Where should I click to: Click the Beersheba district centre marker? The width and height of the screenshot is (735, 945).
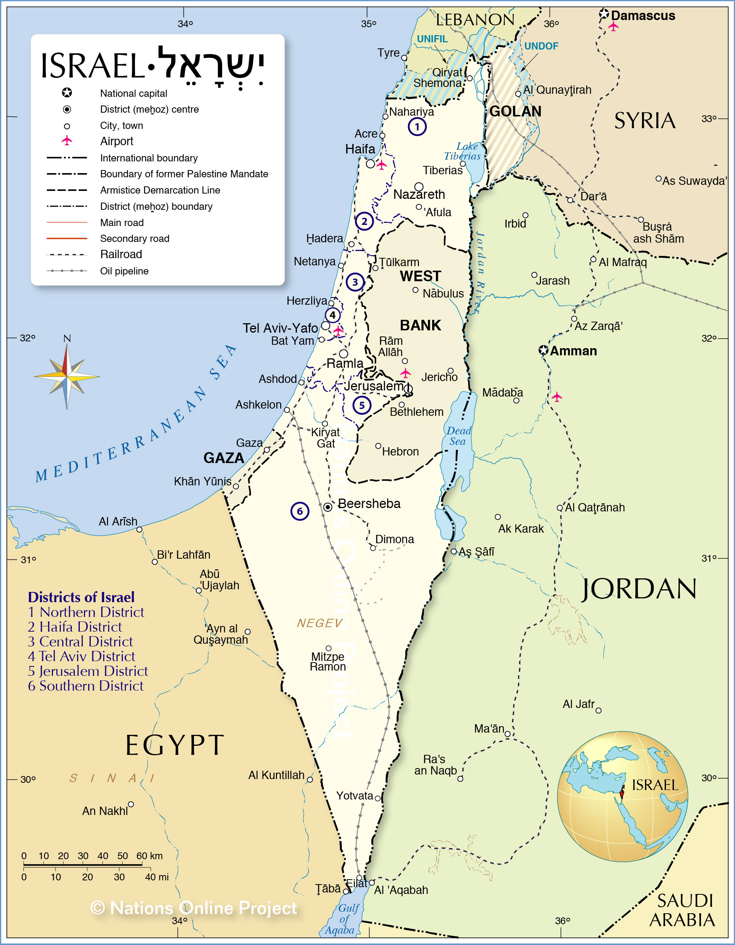(x=328, y=507)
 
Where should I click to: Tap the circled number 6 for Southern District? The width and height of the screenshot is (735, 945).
(x=299, y=511)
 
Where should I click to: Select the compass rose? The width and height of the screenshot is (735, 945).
(x=67, y=377)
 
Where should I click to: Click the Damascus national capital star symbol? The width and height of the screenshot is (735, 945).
(x=604, y=14)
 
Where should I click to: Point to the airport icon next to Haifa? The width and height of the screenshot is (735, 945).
(x=381, y=165)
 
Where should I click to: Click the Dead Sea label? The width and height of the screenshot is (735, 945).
(x=458, y=436)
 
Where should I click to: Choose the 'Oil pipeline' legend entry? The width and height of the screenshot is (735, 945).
(x=124, y=271)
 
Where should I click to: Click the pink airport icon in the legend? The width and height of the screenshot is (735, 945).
(x=67, y=141)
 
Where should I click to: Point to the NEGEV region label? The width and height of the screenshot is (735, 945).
(x=319, y=623)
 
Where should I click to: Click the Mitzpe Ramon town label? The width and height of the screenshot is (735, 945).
(x=328, y=661)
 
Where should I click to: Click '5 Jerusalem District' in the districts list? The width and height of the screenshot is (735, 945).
(x=88, y=671)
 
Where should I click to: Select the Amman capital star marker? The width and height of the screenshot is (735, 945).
(x=543, y=350)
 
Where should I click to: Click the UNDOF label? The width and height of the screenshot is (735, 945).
(x=541, y=46)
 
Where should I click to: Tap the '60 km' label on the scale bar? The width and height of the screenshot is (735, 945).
(x=149, y=855)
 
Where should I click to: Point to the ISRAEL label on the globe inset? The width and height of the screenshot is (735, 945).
(x=654, y=785)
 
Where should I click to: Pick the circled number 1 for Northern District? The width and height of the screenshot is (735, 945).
(x=417, y=127)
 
